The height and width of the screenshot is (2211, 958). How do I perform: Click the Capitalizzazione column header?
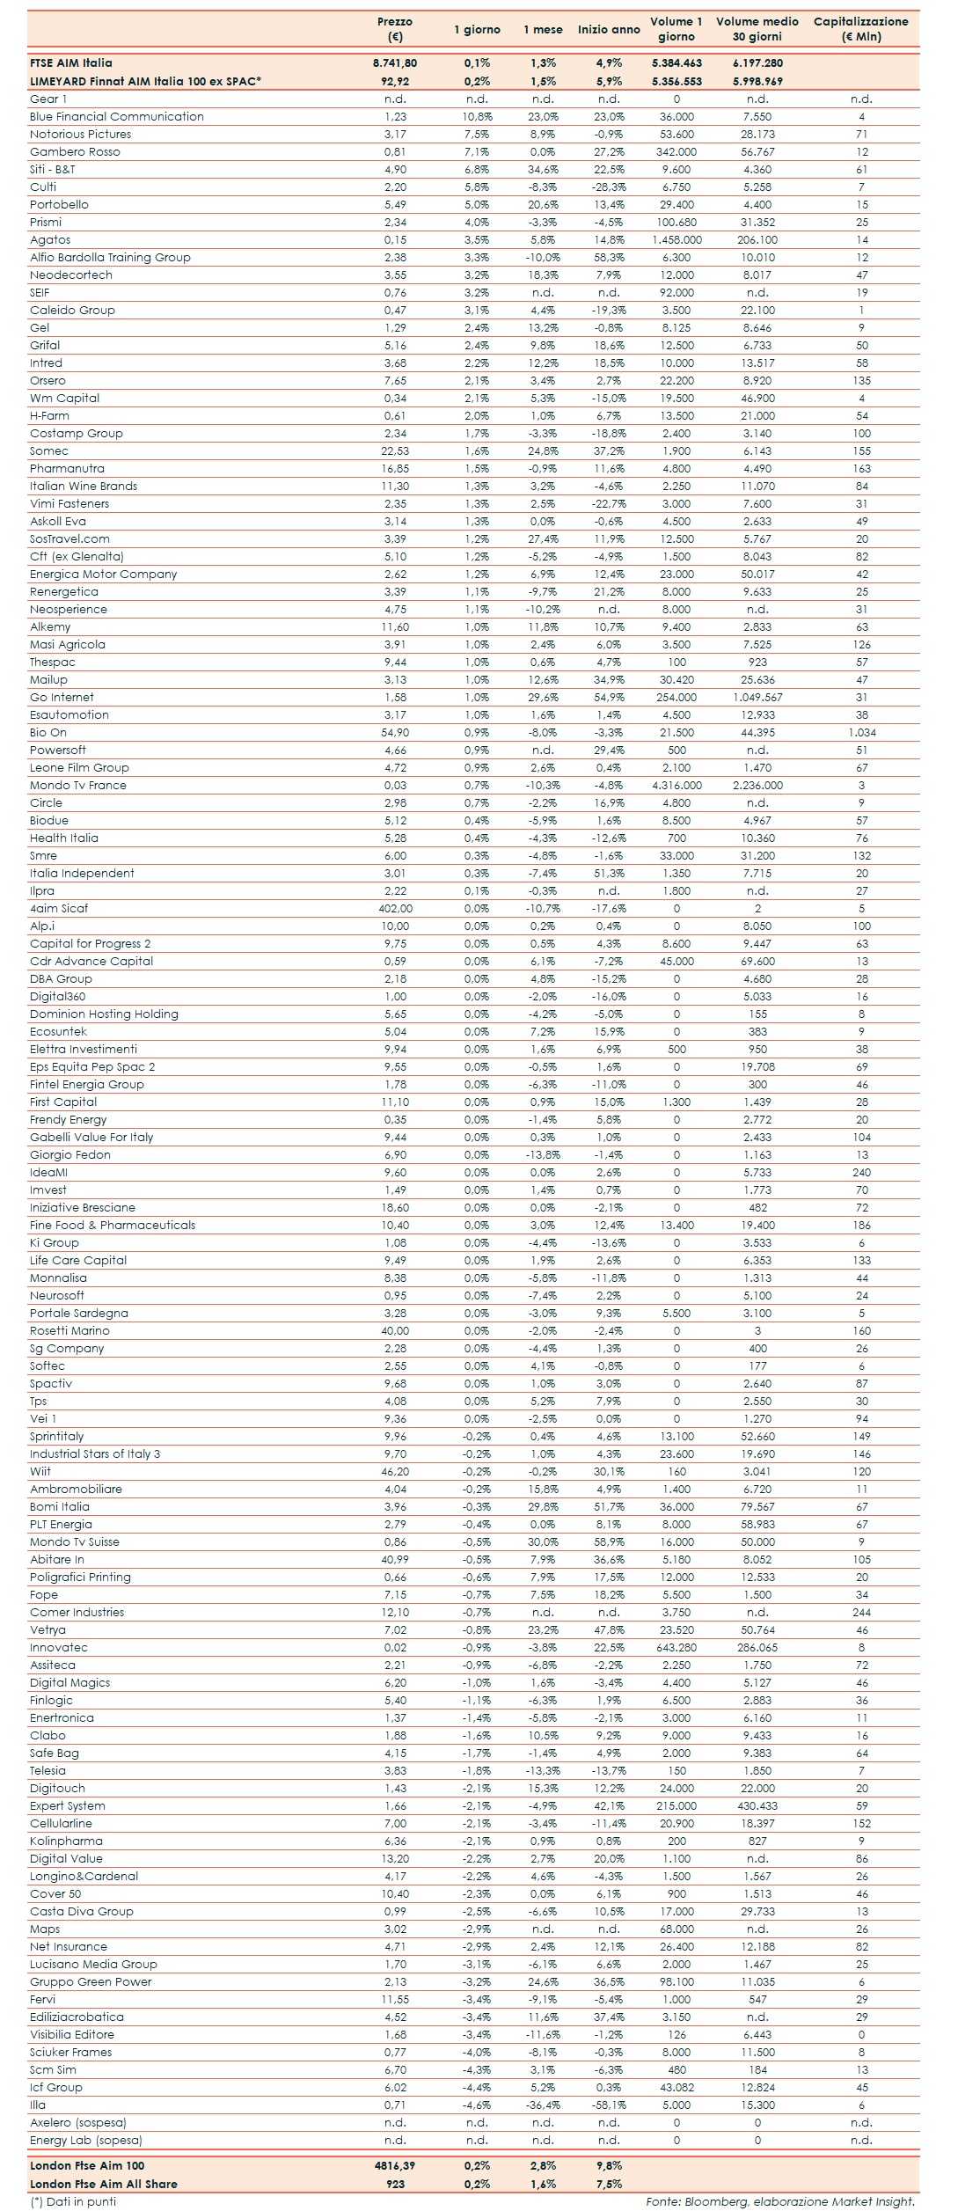[x=860, y=28]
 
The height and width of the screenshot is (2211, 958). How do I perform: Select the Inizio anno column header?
[x=609, y=29]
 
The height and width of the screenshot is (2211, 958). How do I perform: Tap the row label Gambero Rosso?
[x=75, y=151]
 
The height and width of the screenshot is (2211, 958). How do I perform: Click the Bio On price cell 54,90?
[x=395, y=732]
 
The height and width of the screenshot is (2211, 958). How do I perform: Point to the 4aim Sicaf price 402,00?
[x=395, y=908]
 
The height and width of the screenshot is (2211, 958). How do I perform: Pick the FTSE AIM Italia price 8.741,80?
[x=395, y=63]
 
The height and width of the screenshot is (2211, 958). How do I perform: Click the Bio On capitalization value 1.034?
[x=861, y=732]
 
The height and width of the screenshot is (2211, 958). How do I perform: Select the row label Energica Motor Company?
[x=103, y=574]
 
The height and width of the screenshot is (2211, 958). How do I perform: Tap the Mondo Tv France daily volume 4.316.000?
[x=676, y=785]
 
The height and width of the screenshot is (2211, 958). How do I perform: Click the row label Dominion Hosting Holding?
[x=104, y=1014]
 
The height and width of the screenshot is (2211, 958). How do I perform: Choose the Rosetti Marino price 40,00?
[x=395, y=1330]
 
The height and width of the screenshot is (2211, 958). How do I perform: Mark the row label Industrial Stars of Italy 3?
[x=95, y=1453]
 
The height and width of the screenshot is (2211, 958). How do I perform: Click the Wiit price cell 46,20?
[x=395, y=1471]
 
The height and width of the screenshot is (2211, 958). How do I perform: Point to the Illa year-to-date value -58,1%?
[x=609, y=2105]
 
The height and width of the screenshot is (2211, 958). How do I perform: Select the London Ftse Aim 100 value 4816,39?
[x=395, y=2165]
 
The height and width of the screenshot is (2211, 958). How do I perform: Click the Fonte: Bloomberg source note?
[x=780, y=2200]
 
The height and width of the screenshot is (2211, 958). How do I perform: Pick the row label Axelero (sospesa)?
[x=78, y=2122]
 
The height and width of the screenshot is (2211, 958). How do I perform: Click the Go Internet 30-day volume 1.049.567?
[x=757, y=697]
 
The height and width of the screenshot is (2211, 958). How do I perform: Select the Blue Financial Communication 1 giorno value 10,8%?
[x=478, y=116]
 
